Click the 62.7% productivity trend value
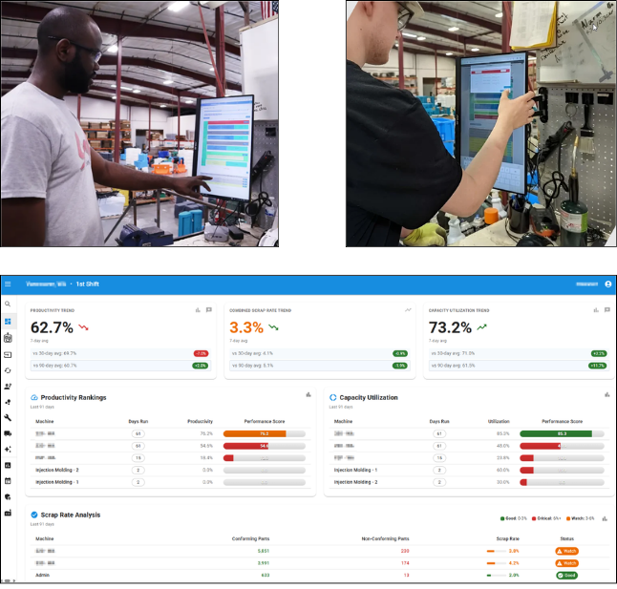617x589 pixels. [53, 327]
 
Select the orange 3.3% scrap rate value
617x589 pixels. [246, 327]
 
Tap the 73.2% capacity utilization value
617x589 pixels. [450, 327]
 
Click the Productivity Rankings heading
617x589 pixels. [73, 397]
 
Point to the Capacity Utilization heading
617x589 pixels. [368, 397]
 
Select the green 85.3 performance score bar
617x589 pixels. [561, 432]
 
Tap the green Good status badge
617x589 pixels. [567, 576]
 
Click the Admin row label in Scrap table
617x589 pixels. [44, 576]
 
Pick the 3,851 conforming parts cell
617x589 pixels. [264, 551]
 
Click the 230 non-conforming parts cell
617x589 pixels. [404, 551]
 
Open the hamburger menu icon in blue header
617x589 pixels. [8, 284]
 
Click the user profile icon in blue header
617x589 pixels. [608, 284]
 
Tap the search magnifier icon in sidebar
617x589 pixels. [8, 304]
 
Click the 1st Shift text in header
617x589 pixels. [95, 284]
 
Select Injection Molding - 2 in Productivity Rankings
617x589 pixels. [57, 470]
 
